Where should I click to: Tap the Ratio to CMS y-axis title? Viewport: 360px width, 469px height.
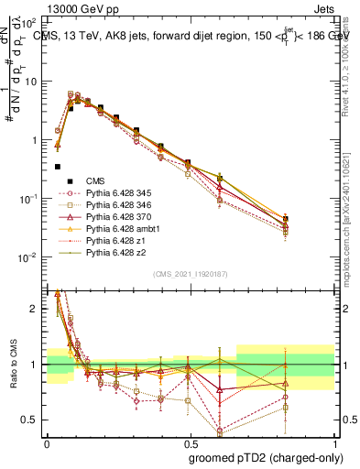(12, 363)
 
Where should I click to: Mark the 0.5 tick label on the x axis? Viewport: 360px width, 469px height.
(191, 442)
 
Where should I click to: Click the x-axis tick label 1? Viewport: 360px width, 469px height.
(335, 442)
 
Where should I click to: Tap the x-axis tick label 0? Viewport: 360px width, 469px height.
(47, 442)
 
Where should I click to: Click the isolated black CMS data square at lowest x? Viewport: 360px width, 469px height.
(58, 167)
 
